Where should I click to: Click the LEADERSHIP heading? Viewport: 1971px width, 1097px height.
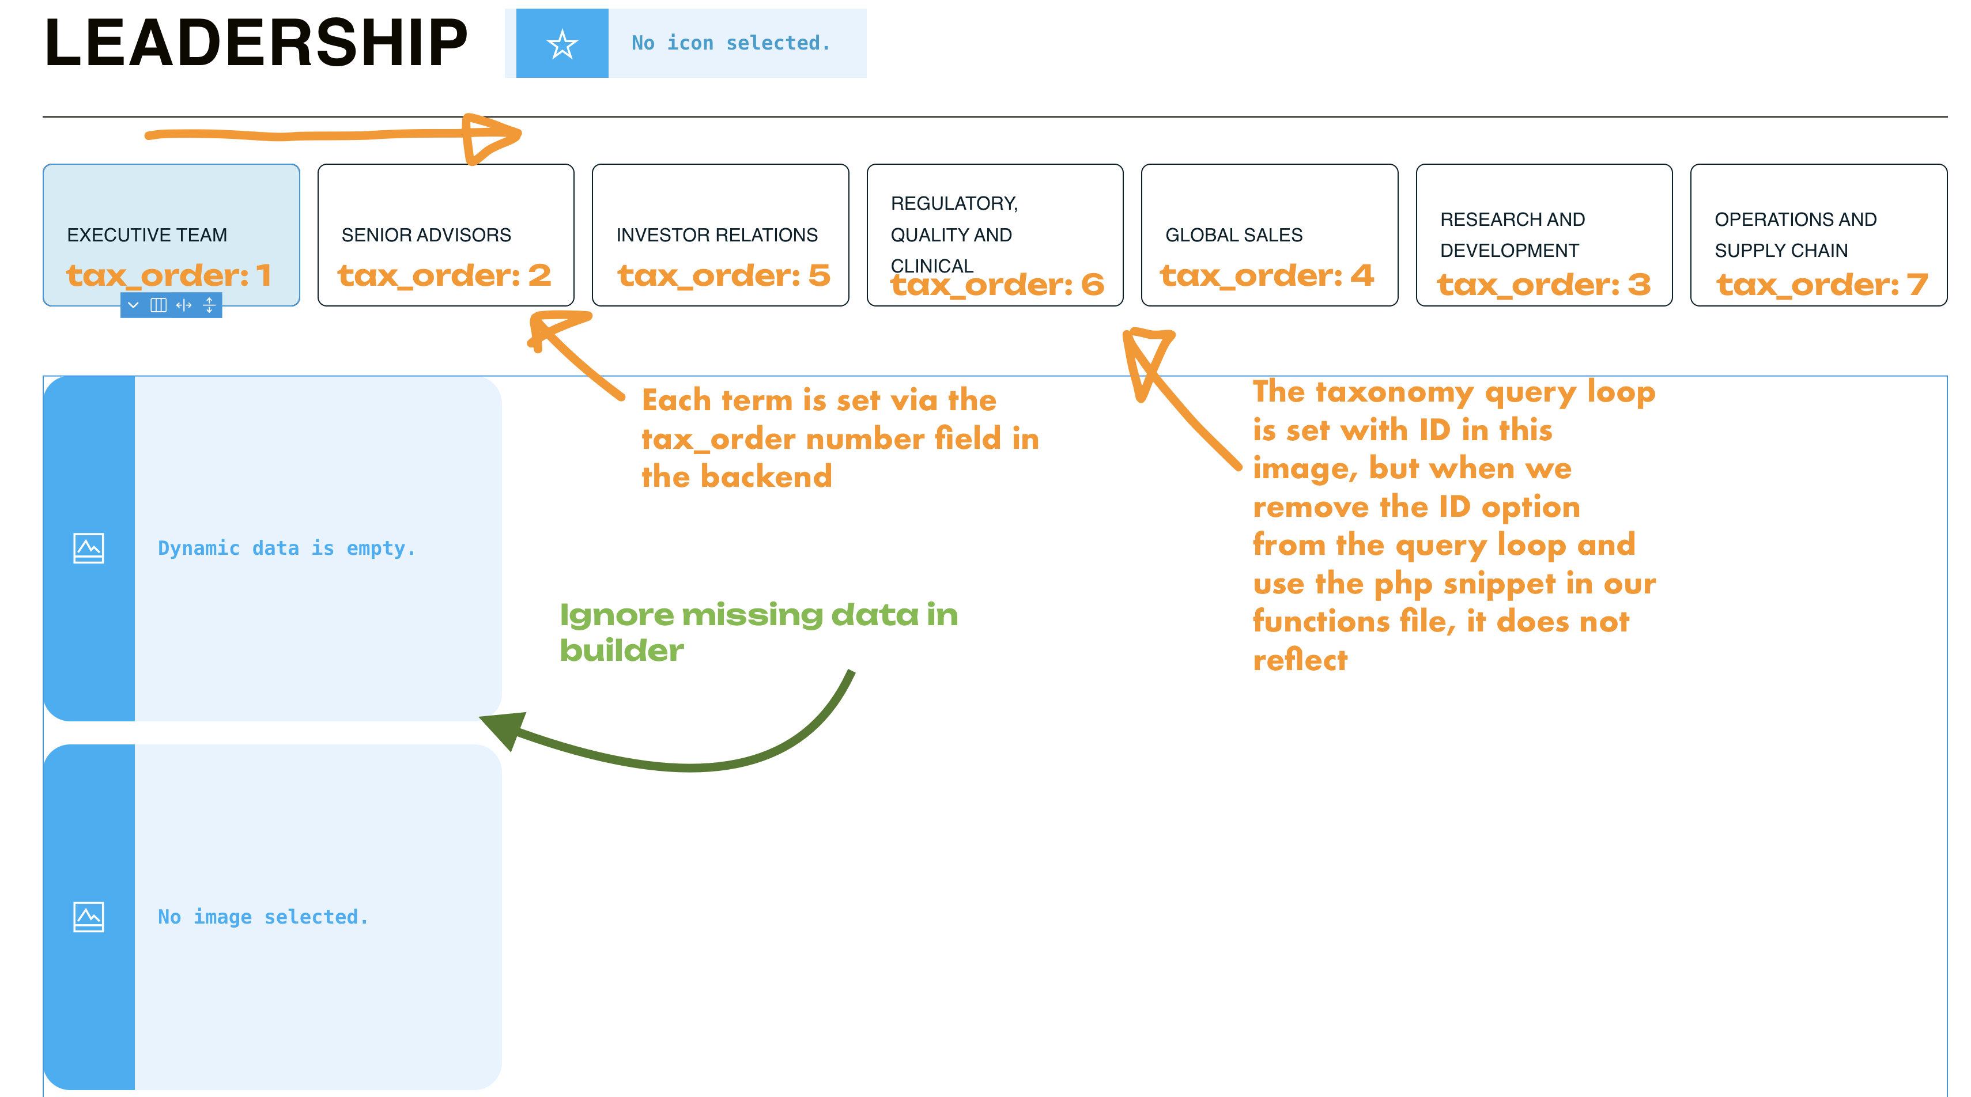(x=255, y=43)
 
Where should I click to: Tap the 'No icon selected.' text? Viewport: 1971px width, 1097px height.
(x=731, y=43)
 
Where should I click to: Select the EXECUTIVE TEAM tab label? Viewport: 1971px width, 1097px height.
(x=147, y=235)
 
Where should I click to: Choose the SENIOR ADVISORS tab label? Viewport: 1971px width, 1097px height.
(x=426, y=235)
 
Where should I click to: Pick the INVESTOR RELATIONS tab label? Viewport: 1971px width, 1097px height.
(x=717, y=235)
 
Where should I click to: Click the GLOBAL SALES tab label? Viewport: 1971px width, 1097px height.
(x=1233, y=235)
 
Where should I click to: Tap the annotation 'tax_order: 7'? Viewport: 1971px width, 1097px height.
(x=1822, y=285)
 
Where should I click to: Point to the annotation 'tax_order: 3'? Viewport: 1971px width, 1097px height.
(x=1544, y=285)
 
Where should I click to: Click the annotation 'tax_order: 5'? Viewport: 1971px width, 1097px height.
(x=724, y=275)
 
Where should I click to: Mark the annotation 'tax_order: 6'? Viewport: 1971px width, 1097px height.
(x=997, y=285)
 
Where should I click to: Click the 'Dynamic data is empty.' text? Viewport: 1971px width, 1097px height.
(x=287, y=548)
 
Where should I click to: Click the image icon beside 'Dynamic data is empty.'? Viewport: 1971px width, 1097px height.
(x=89, y=548)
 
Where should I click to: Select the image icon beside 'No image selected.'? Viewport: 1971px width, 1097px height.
(x=89, y=917)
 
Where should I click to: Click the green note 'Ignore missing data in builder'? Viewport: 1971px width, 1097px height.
(x=759, y=633)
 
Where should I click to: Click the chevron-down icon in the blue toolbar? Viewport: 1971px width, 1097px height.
(x=133, y=305)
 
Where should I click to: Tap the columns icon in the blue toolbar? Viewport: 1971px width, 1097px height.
(x=158, y=305)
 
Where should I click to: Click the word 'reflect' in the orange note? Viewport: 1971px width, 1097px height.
(x=1300, y=660)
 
